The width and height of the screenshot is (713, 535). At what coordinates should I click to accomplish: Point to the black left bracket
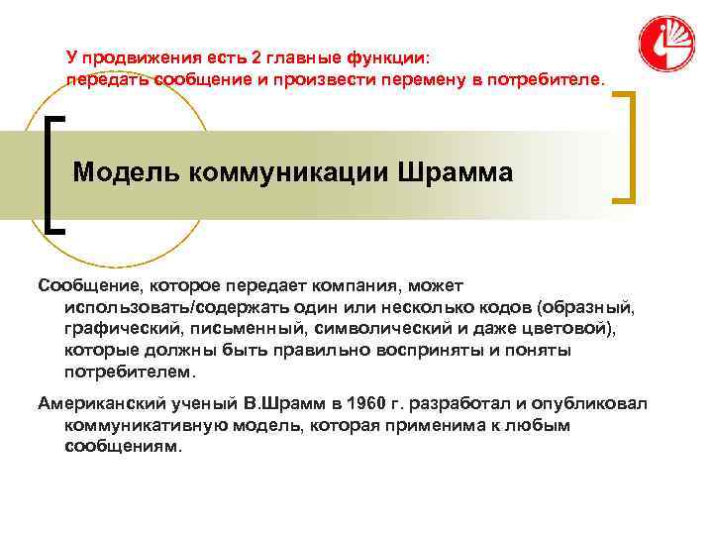55,173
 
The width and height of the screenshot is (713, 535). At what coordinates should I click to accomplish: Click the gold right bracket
626,148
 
